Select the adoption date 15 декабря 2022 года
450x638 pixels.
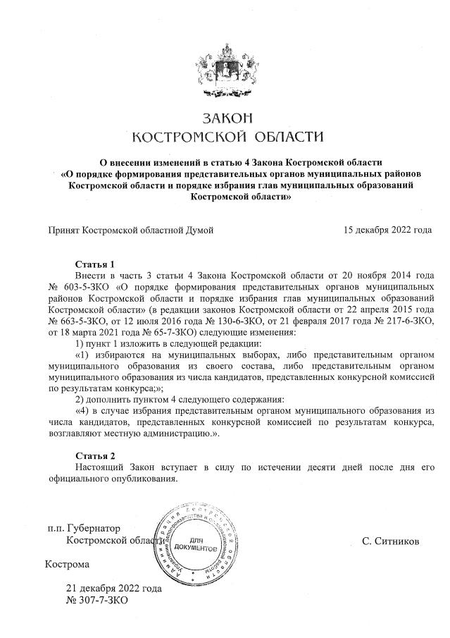pos(387,230)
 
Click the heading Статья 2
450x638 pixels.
pos(94,455)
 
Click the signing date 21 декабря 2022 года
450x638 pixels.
pos(113,588)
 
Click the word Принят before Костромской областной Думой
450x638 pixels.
pos(63,230)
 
